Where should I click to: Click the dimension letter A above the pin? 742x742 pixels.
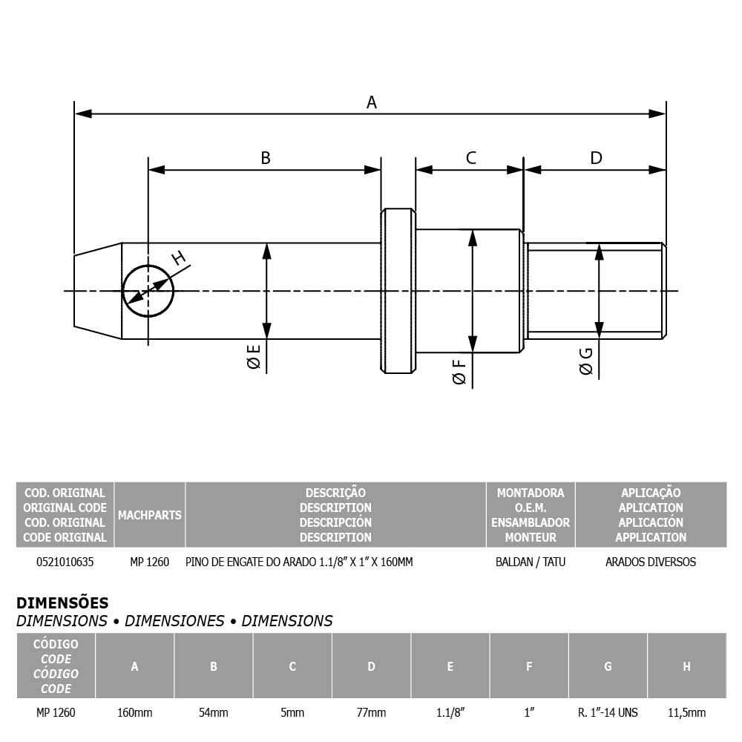tap(372, 102)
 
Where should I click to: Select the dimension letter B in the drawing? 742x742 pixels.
tap(266, 158)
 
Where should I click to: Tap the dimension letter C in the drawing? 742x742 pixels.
tap(471, 158)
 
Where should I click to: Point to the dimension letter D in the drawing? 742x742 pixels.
tap(597, 158)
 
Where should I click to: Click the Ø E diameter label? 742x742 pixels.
tap(254, 356)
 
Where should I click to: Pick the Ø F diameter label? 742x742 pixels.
tap(459, 372)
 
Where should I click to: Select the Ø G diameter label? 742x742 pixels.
tap(586, 361)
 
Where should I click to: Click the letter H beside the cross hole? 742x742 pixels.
tap(178, 258)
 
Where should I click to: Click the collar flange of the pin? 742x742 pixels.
tap(398, 291)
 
